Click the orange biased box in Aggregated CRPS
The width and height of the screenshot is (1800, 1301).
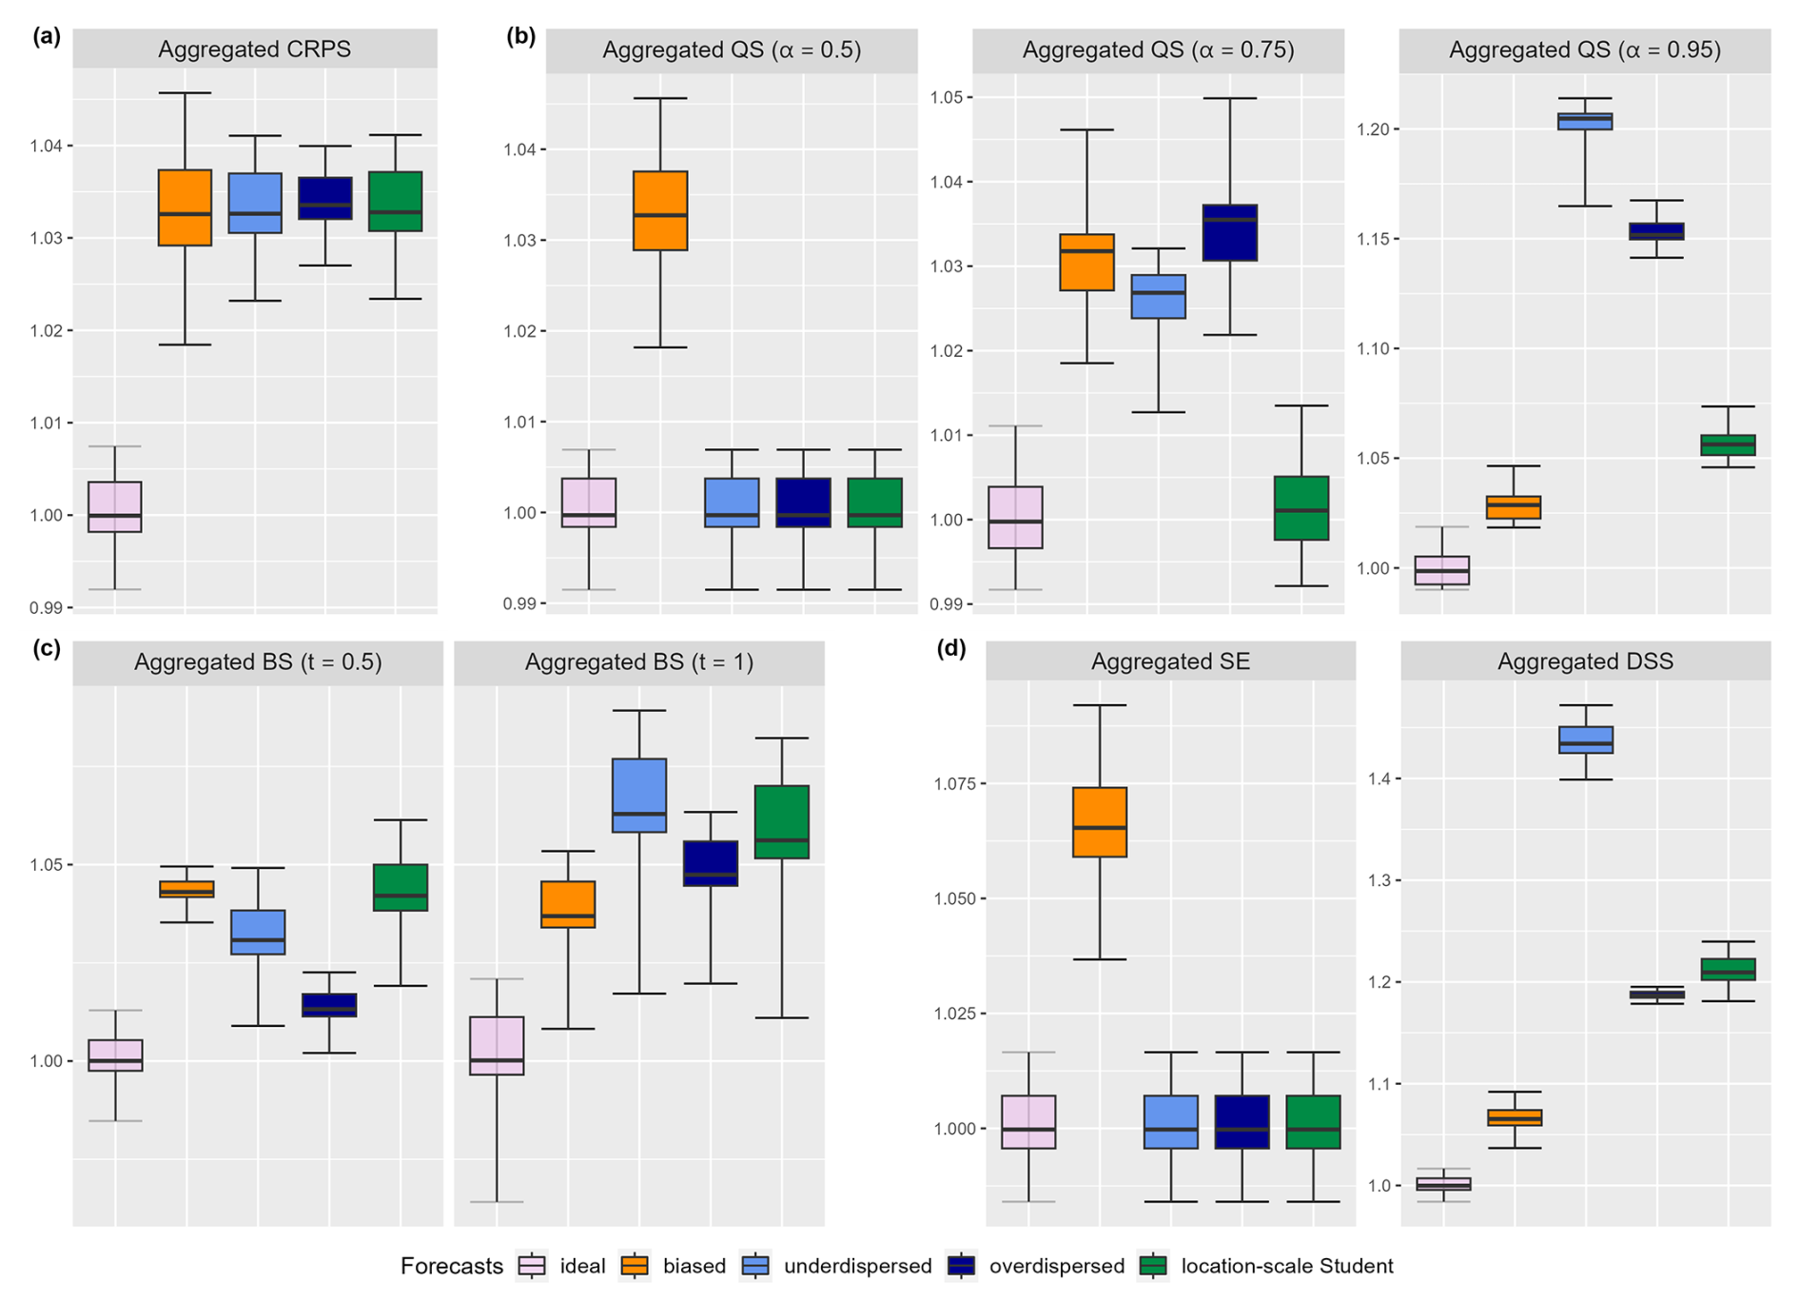click(185, 207)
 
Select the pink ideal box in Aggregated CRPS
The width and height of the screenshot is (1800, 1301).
click(114, 506)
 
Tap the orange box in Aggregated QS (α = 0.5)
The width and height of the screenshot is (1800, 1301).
click(660, 210)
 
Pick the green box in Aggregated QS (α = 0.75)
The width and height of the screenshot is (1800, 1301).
click(1301, 508)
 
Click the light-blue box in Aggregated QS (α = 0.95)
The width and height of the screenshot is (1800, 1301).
click(1585, 121)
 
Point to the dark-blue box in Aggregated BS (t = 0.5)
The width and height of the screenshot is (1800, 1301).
click(329, 1005)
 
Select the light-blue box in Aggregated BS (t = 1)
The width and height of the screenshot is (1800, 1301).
click(638, 795)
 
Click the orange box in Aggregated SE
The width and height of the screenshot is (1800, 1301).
click(1099, 821)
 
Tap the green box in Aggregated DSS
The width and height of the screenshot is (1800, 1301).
click(1728, 969)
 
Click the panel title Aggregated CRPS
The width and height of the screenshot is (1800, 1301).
click(254, 49)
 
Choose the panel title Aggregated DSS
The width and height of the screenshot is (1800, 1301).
click(1585, 661)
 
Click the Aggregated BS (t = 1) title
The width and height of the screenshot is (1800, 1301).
click(638, 661)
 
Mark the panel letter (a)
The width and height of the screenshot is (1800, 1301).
click(46, 36)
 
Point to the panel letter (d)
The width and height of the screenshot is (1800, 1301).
click(950, 648)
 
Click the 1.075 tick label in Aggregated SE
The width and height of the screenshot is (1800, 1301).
click(954, 783)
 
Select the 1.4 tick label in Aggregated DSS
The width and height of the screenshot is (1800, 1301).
click(1378, 779)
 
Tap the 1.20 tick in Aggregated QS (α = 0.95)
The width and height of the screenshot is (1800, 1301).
click(1374, 128)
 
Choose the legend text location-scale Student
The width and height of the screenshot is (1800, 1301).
click(1286, 1266)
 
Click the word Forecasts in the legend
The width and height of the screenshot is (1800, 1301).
click(451, 1266)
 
